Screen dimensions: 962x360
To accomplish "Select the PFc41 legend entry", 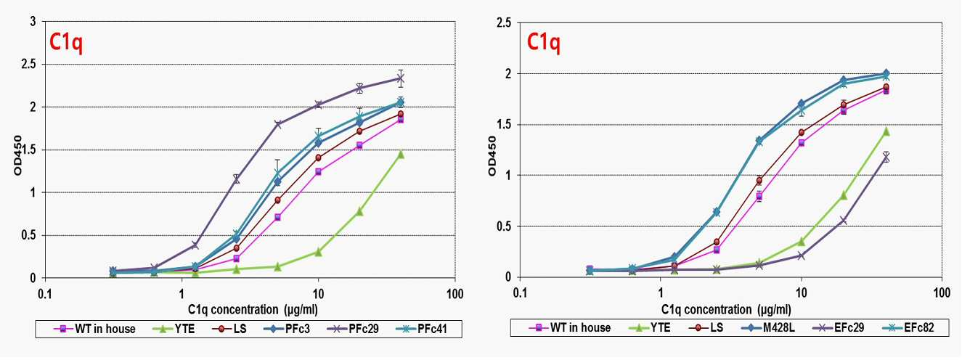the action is click(423, 329).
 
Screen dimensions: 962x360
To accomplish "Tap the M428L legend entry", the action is click(767, 328).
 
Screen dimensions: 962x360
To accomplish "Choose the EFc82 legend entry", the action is click(908, 328).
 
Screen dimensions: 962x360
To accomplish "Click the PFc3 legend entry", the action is click(288, 329).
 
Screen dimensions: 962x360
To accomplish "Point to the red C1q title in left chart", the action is click(66, 43).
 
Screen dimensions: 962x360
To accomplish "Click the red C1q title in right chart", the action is click(543, 43).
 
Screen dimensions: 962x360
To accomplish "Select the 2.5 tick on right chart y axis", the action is click(504, 22).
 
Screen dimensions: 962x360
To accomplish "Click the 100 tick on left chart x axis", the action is click(454, 295).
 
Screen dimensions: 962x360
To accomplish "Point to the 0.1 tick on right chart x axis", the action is click(520, 293).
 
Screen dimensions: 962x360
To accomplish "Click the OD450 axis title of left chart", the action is click(18, 155).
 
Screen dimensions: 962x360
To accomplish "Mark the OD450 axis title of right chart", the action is click(492, 156).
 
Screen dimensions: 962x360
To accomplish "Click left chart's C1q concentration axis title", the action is click(253, 309).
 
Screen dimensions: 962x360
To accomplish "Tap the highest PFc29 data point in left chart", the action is click(400, 78).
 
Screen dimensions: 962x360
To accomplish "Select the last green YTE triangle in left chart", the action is click(401, 154).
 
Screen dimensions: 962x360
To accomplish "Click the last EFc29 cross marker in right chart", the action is click(885, 158).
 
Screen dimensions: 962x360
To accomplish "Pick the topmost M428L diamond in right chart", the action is click(886, 73).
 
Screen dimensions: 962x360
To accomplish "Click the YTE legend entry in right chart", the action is click(648, 328).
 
